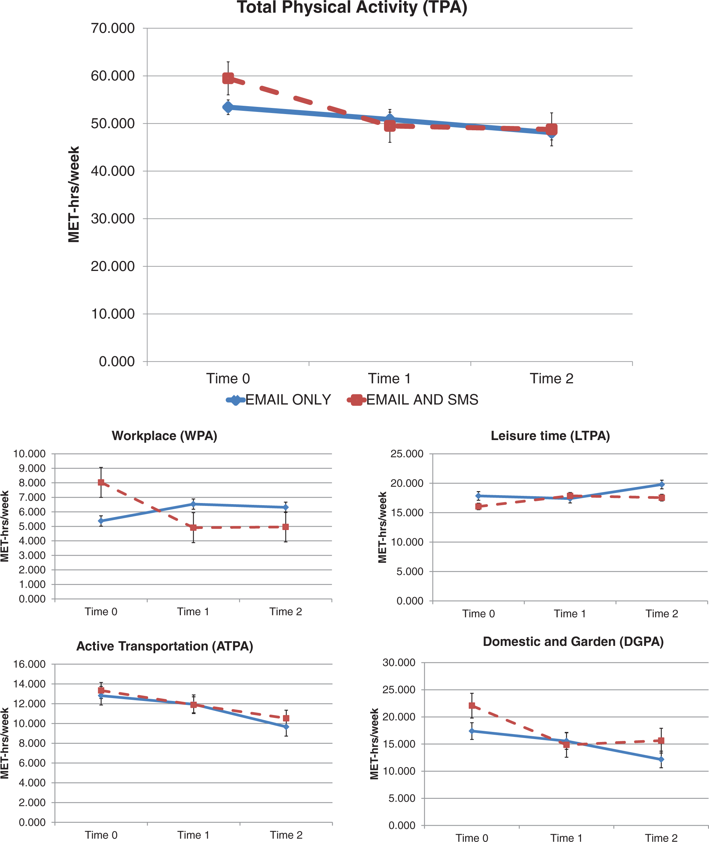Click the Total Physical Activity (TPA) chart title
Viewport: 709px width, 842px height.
352,7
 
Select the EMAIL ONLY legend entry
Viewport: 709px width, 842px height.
279,400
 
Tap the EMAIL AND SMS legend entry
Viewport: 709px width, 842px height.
413,400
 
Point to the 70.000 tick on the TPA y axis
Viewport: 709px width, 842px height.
113,28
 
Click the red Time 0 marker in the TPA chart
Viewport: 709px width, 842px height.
228,78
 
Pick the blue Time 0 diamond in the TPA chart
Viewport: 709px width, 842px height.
228,108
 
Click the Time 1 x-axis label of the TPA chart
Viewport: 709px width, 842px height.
389,379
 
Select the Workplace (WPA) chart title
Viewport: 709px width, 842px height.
164,436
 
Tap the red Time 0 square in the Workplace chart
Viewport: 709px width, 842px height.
101,482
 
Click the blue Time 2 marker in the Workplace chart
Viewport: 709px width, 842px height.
286,507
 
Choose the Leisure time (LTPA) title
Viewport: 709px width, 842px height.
550,436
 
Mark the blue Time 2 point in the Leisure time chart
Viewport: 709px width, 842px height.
662,485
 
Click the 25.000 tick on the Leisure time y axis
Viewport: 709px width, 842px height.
407,454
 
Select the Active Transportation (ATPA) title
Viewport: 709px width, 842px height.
165,646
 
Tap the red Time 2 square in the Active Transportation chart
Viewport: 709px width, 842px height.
286,718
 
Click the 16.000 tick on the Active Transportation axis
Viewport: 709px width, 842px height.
29,664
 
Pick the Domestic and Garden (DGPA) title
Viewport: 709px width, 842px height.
573,641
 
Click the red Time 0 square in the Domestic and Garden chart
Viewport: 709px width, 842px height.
472,706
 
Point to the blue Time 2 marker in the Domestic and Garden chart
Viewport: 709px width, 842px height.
661,760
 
